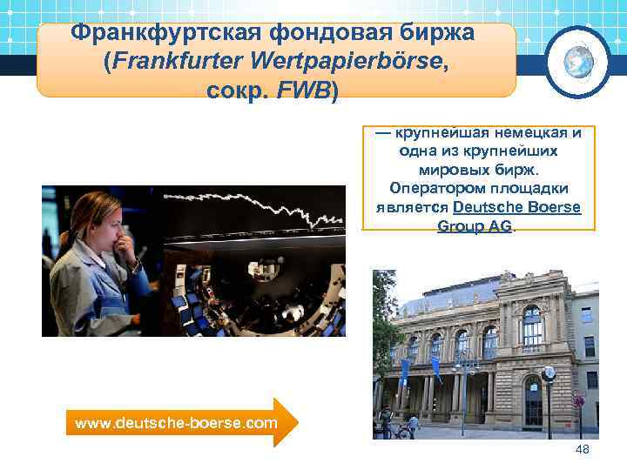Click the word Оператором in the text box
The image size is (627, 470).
tap(430, 189)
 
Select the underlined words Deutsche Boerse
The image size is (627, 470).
tap(516, 208)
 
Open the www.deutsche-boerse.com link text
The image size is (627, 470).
tap(177, 423)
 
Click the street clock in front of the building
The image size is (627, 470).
tap(548, 374)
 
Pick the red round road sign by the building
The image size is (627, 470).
tap(578, 401)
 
